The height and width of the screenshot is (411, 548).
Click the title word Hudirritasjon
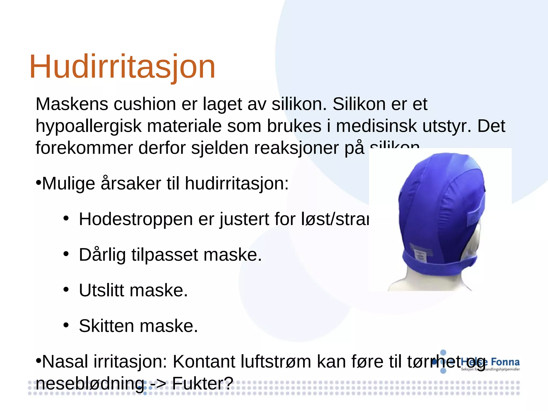tap(122, 67)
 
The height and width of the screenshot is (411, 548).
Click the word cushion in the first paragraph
tap(145, 104)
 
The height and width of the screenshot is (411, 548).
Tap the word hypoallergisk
tap(88, 126)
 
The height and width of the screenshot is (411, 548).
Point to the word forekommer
tap(84, 148)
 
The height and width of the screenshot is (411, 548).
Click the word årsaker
tap(131, 184)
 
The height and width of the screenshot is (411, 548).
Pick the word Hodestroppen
tap(136, 219)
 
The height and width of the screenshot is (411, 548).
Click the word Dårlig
tap(102, 255)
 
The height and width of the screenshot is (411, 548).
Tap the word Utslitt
tap(101, 290)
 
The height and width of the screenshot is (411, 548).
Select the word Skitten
tap(106, 326)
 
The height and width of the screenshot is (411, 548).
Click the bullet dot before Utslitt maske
tap(66, 290)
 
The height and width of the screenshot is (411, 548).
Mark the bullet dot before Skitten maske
tap(66, 325)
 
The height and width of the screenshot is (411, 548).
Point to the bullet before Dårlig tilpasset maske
tap(66, 254)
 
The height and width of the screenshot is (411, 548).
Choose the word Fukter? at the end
tap(203, 383)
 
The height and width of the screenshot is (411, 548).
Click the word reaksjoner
tap(296, 148)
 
